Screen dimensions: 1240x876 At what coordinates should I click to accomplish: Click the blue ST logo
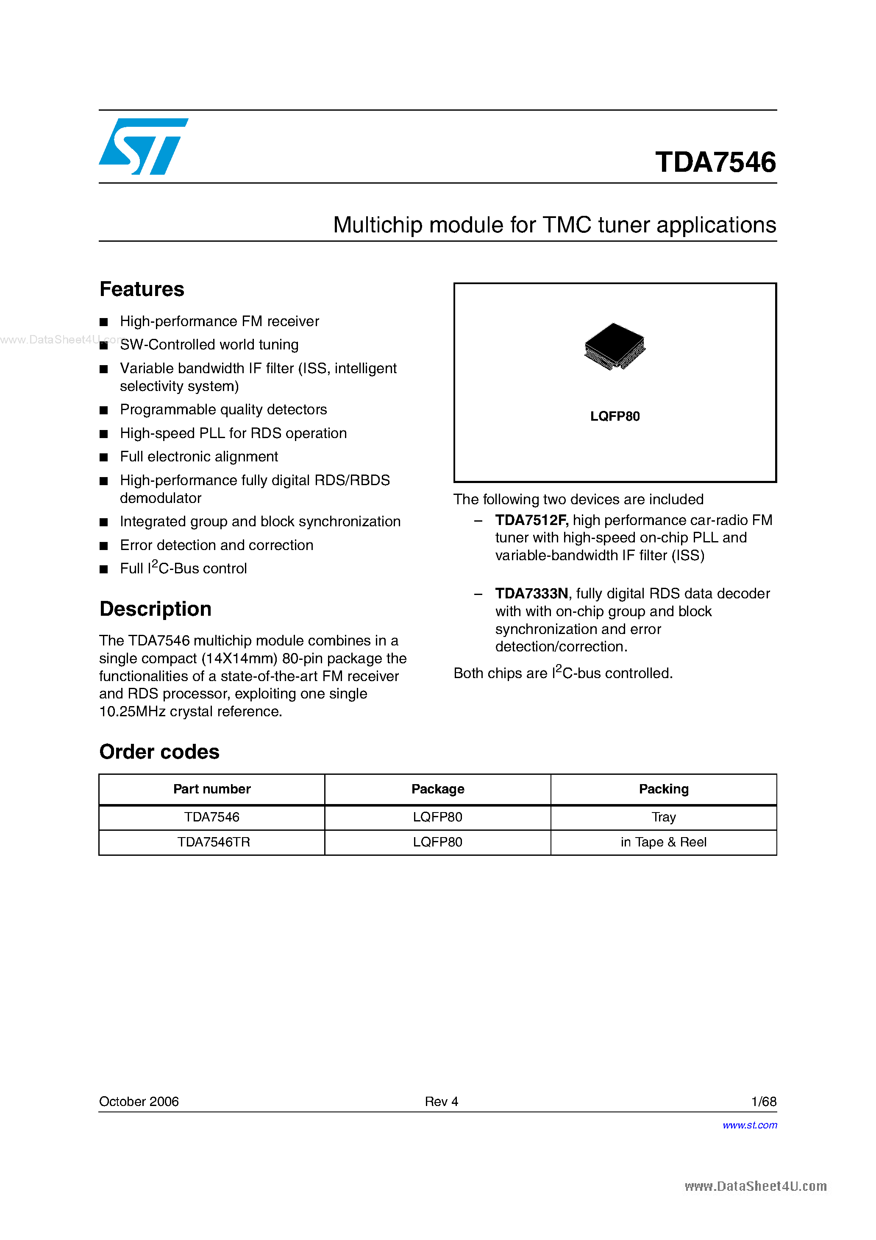143,146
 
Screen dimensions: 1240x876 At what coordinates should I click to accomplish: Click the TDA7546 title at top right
715,162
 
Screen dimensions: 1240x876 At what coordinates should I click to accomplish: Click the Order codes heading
159,752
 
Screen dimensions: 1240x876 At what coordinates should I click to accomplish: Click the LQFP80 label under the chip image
615,416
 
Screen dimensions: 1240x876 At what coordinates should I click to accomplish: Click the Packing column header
663,789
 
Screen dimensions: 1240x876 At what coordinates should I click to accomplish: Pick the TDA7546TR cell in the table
214,842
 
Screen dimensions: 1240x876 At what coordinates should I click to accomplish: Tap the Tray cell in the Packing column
663,817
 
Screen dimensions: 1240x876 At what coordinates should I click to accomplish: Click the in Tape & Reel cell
663,842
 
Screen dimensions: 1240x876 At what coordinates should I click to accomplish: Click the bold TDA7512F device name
531,520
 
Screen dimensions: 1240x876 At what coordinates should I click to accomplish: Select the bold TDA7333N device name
531,594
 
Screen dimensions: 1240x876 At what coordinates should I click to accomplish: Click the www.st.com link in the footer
750,1125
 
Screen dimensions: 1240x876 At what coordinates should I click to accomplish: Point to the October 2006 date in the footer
139,1101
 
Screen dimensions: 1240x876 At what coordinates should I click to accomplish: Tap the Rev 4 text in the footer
441,1101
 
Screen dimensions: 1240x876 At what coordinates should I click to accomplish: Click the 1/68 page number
763,1101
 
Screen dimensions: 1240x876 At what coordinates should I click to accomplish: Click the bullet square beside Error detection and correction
104,546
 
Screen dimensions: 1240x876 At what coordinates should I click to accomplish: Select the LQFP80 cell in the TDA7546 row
437,817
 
